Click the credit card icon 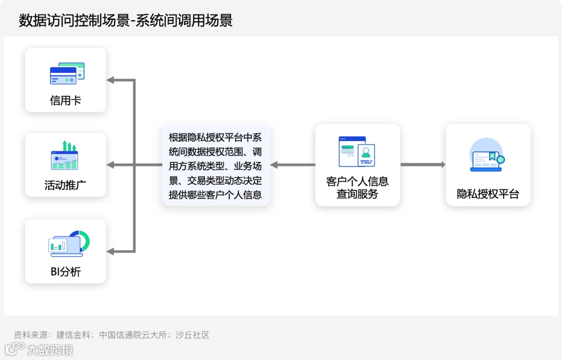(67, 74)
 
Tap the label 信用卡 (66, 100)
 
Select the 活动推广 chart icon (65, 156)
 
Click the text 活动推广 (66, 185)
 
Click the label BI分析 (66, 272)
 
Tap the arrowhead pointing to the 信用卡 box (110, 80)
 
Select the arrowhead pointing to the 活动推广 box (110, 165)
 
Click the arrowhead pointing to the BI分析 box (110, 251)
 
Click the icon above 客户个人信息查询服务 (357, 151)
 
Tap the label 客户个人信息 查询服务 (357, 188)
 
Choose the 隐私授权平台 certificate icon (487, 155)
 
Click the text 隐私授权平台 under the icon (488, 195)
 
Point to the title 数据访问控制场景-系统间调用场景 (125, 20)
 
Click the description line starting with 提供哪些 (215, 195)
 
